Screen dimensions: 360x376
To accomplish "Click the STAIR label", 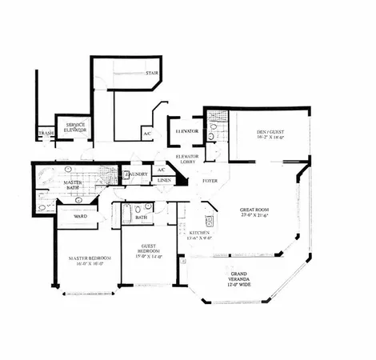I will pyautogui.click(x=151, y=74).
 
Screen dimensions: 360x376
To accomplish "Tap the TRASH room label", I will pyautogui.click(x=46, y=134).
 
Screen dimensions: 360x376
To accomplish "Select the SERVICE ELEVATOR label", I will pyautogui.click(x=77, y=128).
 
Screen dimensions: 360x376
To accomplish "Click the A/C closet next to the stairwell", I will pyautogui.click(x=147, y=133).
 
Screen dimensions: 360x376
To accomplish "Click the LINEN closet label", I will pyautogui.click(x=164, y=181).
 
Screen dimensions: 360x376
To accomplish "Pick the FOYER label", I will pyautogui.click(x=210, y=181).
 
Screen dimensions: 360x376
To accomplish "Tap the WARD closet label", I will pyautogui.click(x=81, y=216).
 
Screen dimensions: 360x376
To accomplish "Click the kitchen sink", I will pyautogui.click(x=210, y=221).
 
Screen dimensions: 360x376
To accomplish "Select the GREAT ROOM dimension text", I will pyautogui.click(x=255, y=216).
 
